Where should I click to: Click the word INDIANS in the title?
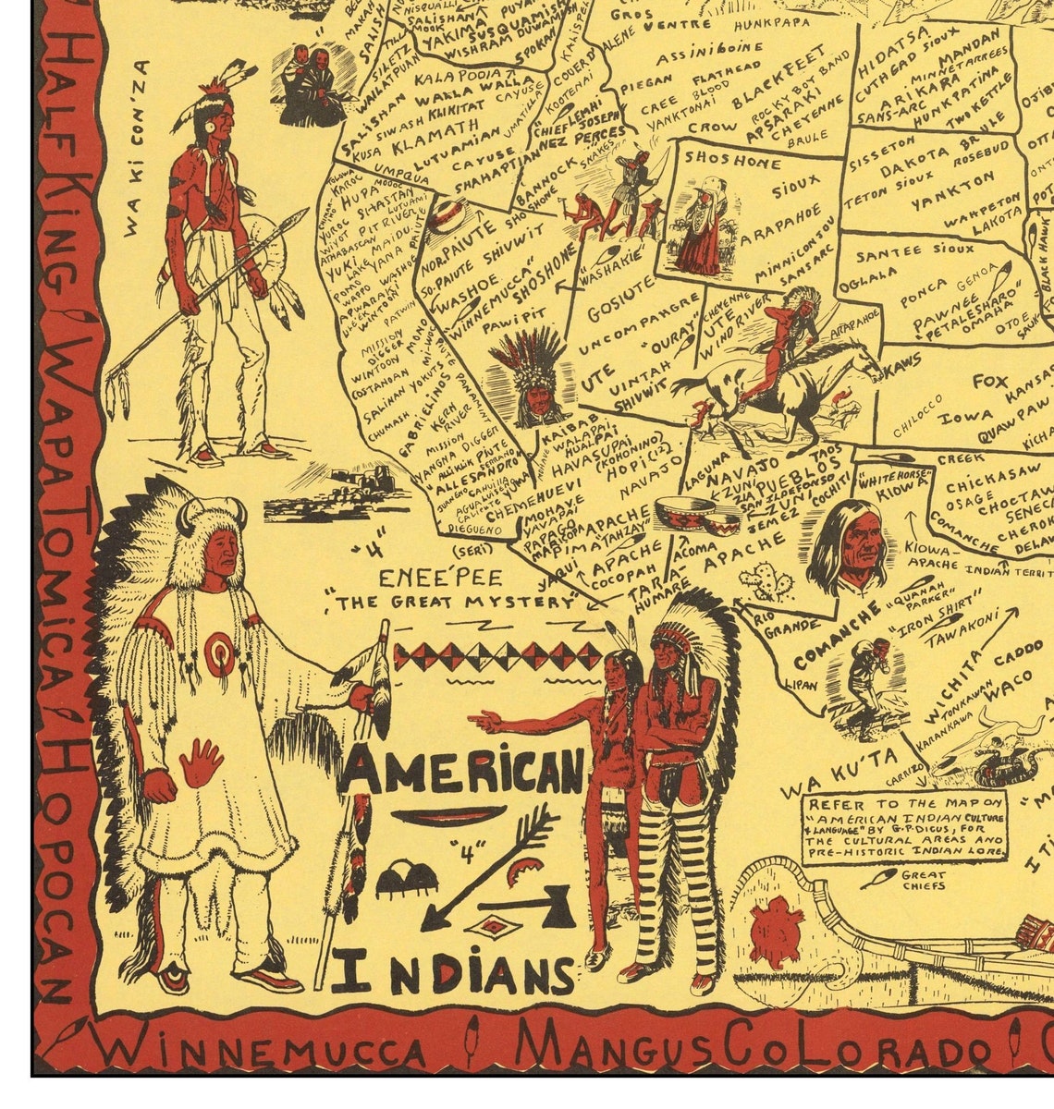point(455,973)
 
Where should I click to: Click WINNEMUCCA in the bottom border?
point(261,1051)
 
